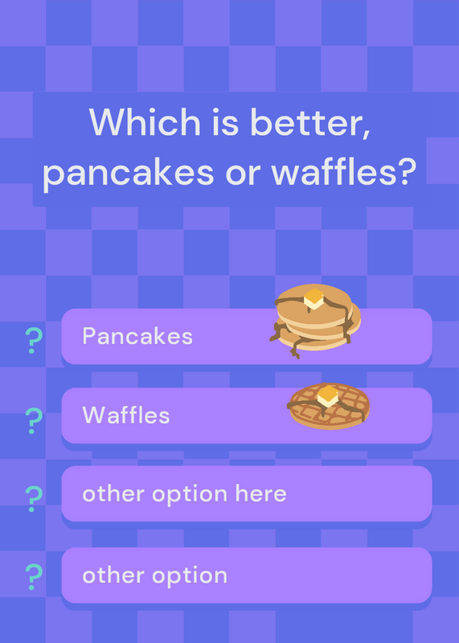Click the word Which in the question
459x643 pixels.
coord(145,122)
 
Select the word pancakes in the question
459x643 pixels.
coord(128,174)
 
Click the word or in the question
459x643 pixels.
coord(243,174)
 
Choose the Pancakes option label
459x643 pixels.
coord(137,336)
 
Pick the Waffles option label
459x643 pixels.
coord(126,415)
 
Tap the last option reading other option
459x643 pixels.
coord(154,575)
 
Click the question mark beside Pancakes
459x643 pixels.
coord(34,341)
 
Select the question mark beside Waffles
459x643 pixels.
coord(34,420)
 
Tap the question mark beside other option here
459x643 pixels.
coord(34,498)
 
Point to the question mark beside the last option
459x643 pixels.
coord(34,576)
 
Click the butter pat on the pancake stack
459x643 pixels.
coord(314,299)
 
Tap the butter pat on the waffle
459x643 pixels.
coord(328,396)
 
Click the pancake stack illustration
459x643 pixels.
coord(315,321)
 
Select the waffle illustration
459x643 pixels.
coord(328,406)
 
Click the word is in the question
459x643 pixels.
coord(225,123)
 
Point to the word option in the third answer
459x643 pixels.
coord(190,494)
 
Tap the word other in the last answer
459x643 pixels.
coord(113,575)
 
